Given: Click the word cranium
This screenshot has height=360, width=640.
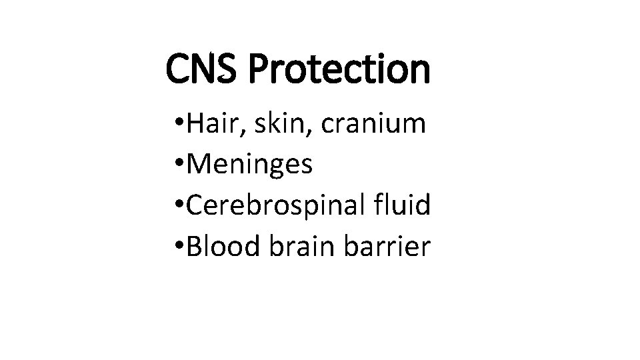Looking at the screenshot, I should [374, 124].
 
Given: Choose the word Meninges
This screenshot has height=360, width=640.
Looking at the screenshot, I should [250, 165].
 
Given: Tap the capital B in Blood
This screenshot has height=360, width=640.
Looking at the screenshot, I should [195, 247].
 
